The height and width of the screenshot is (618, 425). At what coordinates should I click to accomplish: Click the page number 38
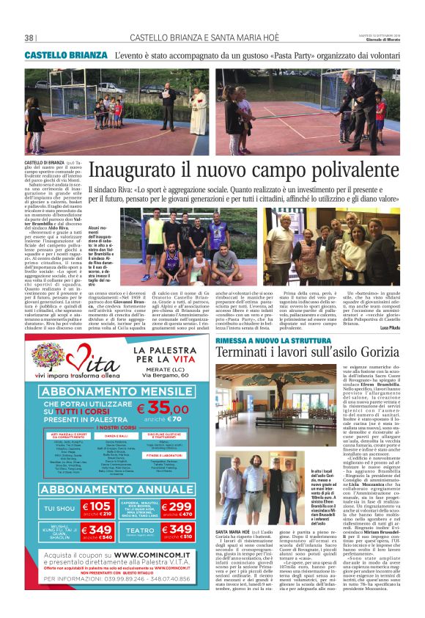click(29, 38)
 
